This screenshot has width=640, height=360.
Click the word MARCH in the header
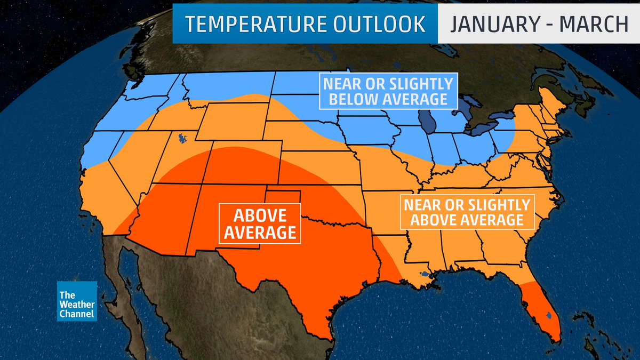tap(596, 25)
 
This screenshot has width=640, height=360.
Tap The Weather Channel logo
tap(77, 301)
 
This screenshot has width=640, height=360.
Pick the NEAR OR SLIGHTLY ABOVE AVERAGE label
tap(467, 212)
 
